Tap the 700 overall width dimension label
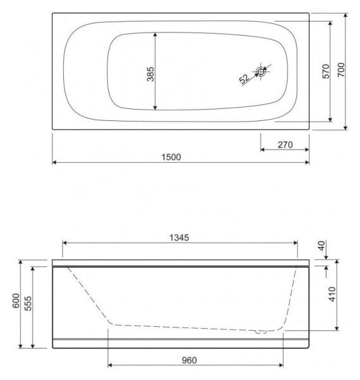(341, 70)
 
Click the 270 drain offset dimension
(284, 144)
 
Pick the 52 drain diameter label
(244, 79)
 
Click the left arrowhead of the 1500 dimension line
(55, 163)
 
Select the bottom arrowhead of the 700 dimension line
(346, 128)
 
